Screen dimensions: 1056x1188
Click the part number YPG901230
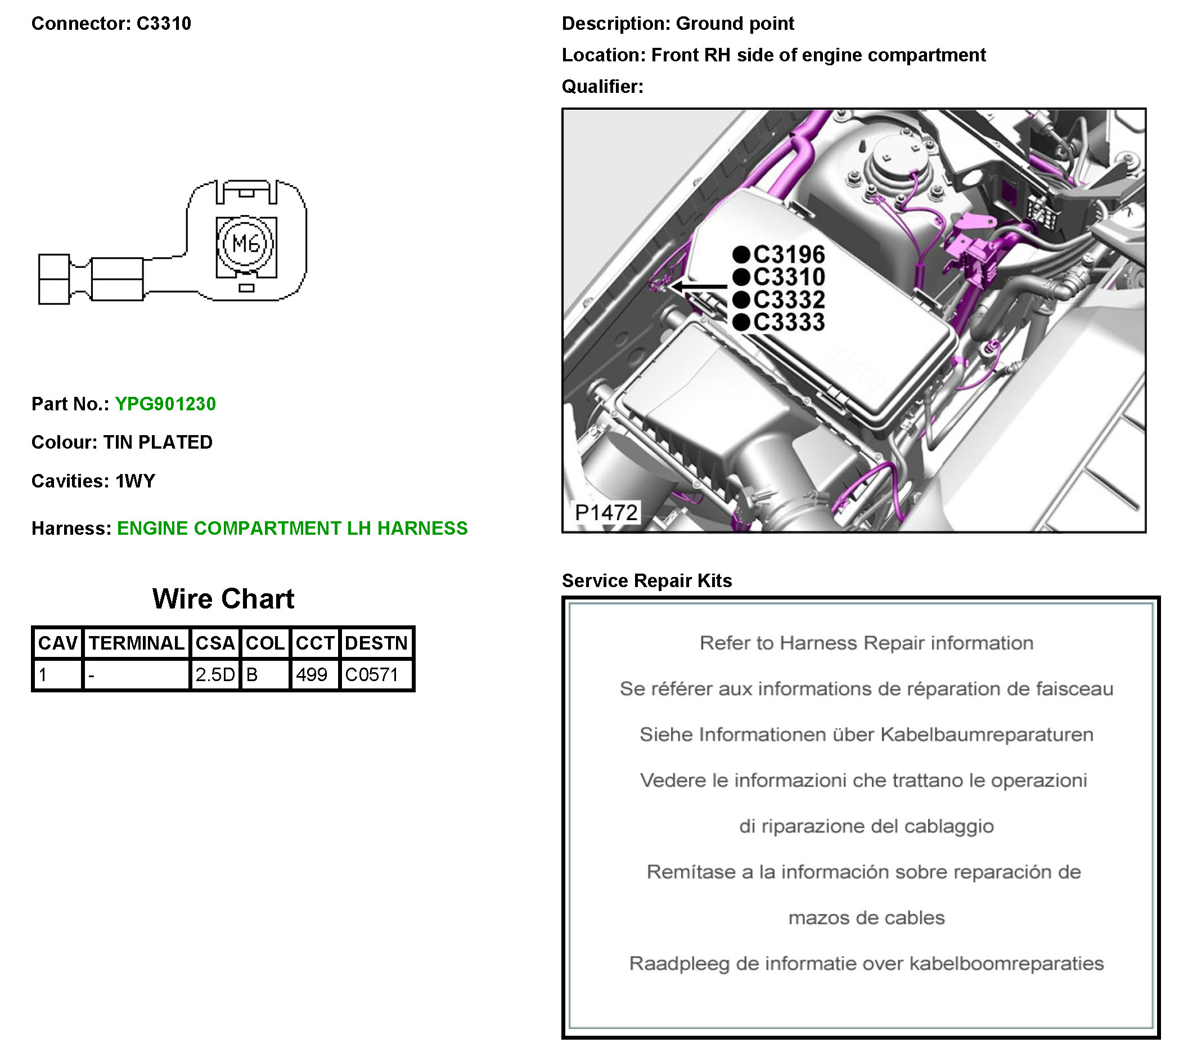(x=165, y=404)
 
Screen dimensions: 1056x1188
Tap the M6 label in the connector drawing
(x=245, y=243)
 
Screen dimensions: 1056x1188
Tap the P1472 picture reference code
(x=606, y=512)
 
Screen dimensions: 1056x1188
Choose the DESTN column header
(x=376, y=643)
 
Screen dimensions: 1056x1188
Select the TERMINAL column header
(x=137, y=643)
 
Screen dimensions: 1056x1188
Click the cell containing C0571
(x=371, y=674)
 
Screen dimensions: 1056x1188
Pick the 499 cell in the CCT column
(x=312, y=674)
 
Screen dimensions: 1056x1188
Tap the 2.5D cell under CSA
(x=215, y=674)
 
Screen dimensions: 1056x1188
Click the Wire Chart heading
(x=223, y=598)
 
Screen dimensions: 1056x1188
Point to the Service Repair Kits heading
(x=646, y=580)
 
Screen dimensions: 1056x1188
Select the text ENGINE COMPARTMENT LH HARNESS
(x=292, y=528)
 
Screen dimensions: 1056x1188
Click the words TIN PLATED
(x=157, y=442)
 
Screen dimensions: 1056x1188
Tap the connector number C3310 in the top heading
(x=163, y=23)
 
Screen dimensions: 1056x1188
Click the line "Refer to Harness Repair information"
(x=866, y=643)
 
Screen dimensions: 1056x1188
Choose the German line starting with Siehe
(x=866, y=735)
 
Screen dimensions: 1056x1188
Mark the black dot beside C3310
(x=740, y=277)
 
